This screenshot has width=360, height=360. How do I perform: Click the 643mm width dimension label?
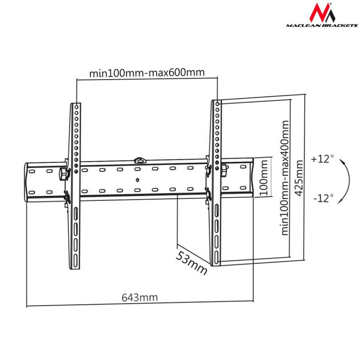140,297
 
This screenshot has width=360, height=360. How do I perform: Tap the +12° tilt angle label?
322,159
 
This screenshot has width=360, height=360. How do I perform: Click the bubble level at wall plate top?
141,159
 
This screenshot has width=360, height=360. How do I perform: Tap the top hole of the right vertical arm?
218,104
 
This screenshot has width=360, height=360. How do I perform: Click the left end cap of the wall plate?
27,182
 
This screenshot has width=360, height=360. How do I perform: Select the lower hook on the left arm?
67,196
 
